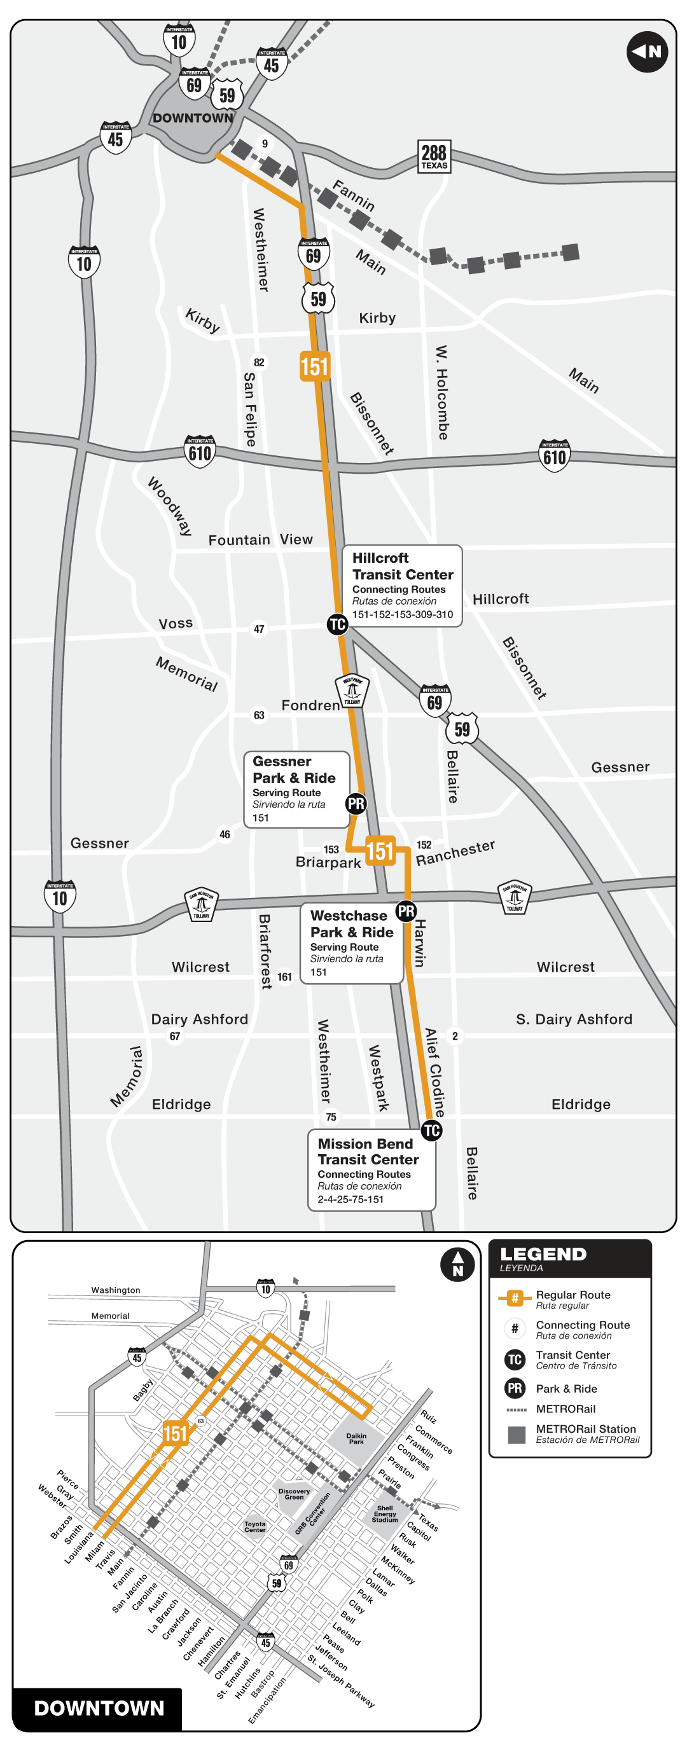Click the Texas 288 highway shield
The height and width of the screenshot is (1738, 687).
tap(434, 156)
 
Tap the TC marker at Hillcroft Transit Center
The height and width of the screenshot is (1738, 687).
tap(337, 624)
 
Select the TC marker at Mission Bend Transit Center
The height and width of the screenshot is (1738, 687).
tap(431, 1130)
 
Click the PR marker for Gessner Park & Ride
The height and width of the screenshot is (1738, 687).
tap(356, 804)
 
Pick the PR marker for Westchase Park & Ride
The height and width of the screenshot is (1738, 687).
tap(406, 911)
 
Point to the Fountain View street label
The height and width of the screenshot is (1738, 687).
tap(261, 540)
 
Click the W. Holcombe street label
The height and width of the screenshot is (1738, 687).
tap(442, 392)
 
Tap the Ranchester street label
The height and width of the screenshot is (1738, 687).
tap(455, 853)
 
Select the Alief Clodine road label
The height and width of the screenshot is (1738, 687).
tap(434, 1072)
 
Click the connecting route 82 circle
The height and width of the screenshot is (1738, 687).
tap(259, 362)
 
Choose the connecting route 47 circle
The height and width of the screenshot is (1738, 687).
tap(259, 629)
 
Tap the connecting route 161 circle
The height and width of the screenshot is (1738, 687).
tap(285, 976)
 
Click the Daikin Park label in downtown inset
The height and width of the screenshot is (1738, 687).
tap(356, 1438)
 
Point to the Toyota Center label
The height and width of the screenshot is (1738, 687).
tap(255, 1527)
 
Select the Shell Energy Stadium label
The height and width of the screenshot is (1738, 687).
tap(385, 1514)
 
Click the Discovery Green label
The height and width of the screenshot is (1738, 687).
tap(295, 1494)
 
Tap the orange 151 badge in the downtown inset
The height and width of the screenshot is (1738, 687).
tap(175, 1433)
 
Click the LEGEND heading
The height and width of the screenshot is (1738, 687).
tap(543, 1254)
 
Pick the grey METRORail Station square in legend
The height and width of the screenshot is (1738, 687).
tap(517, 1435)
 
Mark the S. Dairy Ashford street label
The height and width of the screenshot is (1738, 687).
tap(574, 1019)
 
